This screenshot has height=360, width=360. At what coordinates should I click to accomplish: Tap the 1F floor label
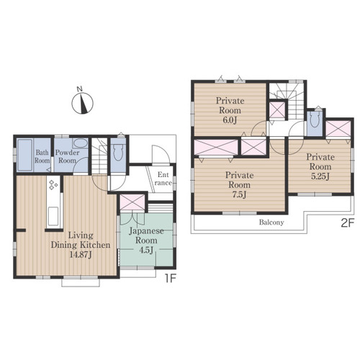point(170,279)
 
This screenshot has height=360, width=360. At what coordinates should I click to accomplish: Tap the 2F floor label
point(348,223)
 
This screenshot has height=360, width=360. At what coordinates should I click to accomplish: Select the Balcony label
point(271,222)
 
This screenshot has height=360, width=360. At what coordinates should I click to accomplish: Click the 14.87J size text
point(81,255)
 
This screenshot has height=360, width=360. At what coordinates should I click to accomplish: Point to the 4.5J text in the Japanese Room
point(146,250)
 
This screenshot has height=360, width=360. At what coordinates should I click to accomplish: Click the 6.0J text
point(230,120)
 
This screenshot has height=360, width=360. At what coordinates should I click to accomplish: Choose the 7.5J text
point(239,194)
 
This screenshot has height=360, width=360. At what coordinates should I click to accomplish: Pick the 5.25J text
point(320,176)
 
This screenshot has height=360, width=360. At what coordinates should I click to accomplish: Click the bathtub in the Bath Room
point(24,155)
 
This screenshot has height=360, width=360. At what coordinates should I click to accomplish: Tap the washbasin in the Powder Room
point(80,143)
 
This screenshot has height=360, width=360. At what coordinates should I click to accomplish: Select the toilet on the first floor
point(118,153)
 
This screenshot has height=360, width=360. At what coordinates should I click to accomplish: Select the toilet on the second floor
point(315,120)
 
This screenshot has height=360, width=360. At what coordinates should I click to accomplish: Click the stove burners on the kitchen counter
point(53,185)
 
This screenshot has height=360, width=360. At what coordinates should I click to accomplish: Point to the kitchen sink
point(53,216)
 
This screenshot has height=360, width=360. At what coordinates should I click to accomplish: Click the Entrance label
point(163,179)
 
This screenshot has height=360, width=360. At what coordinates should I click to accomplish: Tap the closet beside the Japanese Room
point(132,202)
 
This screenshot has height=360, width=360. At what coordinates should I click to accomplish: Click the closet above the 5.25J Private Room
point(338,129)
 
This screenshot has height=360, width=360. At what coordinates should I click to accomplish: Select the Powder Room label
point(68,156)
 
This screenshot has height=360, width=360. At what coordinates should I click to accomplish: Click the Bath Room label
point(42,156)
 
